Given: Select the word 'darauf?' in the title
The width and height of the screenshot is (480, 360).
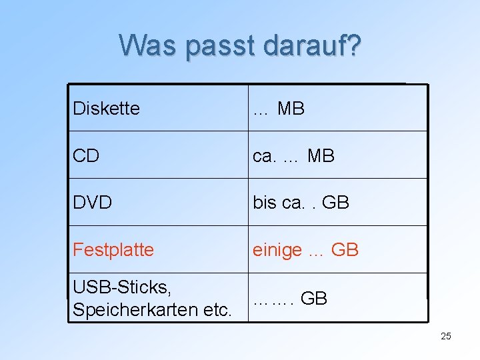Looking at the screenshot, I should [313, 45].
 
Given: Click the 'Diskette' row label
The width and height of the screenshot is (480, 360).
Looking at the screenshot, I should [106, 108].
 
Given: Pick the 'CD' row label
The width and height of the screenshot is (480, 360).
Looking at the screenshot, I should [86, 156].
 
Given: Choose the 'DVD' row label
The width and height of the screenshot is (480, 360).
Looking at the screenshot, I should [92, 203].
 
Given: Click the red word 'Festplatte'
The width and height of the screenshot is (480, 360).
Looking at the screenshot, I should [113, 250].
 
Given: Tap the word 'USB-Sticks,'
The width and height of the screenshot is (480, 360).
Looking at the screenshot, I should [122, 287].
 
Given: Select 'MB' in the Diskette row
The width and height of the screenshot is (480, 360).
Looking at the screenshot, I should [291, 108].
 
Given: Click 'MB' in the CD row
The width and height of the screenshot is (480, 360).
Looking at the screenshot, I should [321, 156].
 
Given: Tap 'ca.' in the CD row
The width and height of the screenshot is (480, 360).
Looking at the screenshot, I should [265, 156].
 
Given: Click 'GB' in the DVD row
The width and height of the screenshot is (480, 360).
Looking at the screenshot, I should [335, 203].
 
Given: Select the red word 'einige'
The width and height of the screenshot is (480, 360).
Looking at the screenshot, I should [277, 250].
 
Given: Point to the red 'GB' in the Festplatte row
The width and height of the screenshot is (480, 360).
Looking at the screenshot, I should [345, 250].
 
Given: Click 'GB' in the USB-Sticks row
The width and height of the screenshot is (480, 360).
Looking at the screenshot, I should [314, 299].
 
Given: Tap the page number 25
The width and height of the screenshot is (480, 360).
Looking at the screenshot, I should [446, 336].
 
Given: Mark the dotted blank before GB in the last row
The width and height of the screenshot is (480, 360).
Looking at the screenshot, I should [273, 300].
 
